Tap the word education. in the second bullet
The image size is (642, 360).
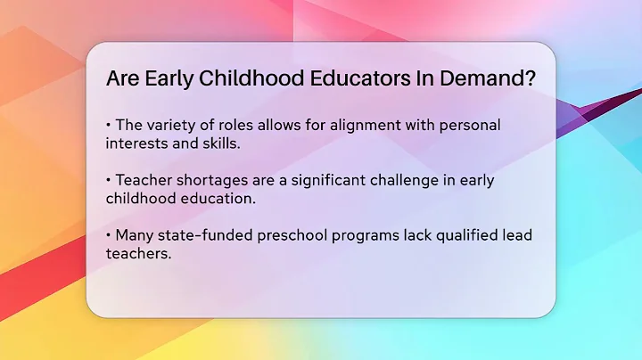pyautogui.click(x=218, y=199)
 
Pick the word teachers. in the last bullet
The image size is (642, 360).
pyautogui.click(x=138, y=254)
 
